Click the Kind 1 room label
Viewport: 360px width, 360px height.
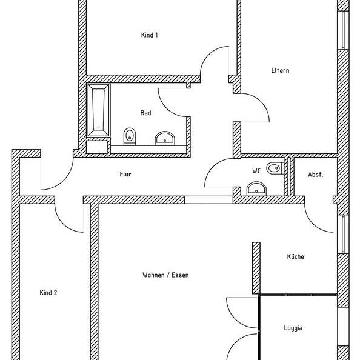149,35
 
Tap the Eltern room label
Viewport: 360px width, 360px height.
280,70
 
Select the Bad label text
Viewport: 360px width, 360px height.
145,113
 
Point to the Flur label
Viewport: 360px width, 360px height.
125,174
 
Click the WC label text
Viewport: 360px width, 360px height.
256,171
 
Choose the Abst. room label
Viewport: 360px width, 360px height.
316,175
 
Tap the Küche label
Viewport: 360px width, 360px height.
296,256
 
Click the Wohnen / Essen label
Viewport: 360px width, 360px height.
165,275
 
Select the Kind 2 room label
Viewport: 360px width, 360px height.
48,293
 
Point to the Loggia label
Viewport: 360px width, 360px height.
293,328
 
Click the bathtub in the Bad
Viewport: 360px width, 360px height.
99,110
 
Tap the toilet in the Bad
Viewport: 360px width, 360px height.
130,136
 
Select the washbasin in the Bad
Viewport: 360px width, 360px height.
165,138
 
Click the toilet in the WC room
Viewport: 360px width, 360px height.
275,168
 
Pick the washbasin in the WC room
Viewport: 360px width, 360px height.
256,188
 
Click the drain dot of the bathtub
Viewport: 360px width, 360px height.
99,128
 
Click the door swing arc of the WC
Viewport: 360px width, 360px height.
212,167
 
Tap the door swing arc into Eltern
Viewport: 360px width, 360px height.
261,102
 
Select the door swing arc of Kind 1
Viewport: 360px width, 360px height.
208,55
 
